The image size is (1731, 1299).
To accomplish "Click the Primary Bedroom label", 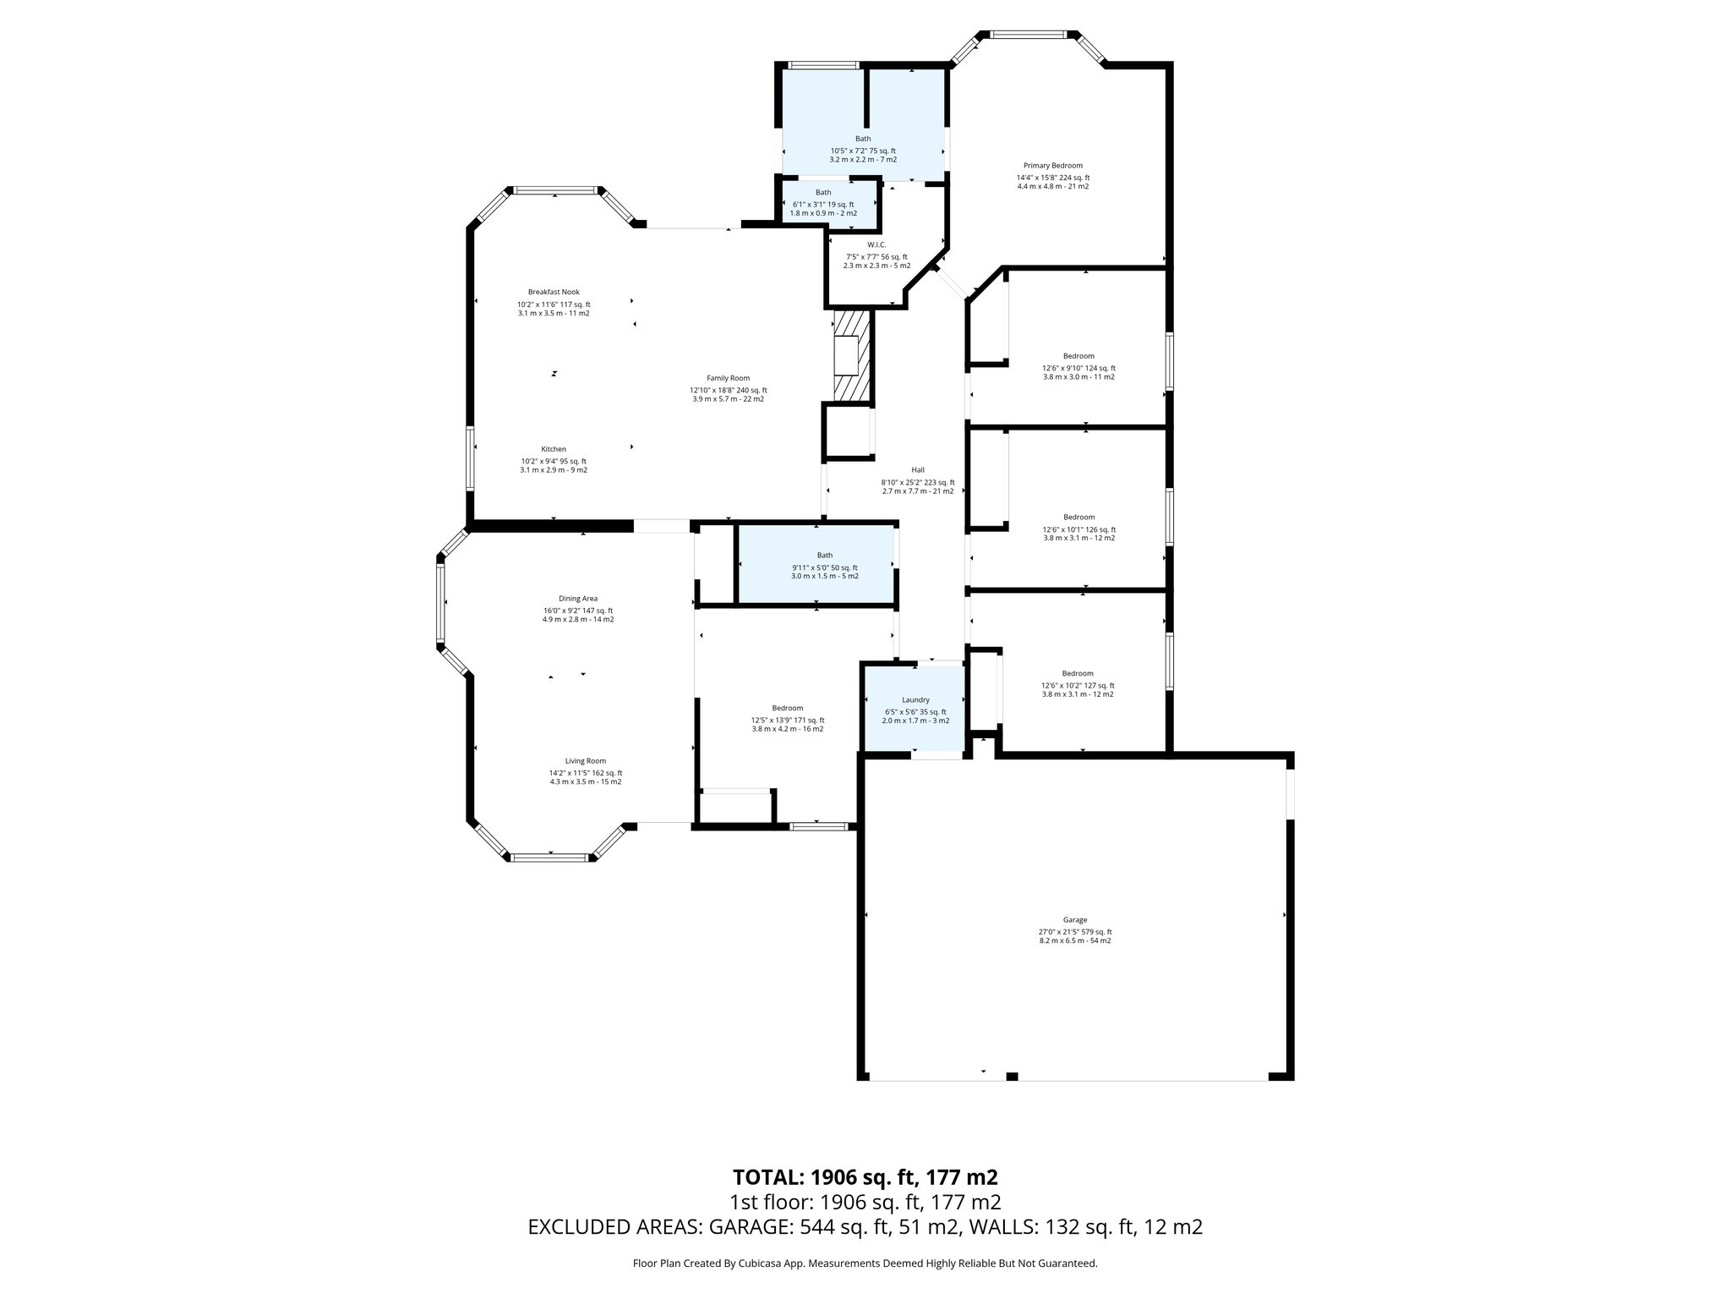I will pyautogui.click(x=1052, y=166).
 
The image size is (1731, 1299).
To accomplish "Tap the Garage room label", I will pyautogui.click(x=1074, y=920).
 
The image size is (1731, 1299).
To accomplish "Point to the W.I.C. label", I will pyautogui.click(x=876, y=245).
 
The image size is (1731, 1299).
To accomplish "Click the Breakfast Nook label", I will pyautogui.click(x=554, y=292).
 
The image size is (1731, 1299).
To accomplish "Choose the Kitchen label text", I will pyautogui.click(x=554, y=449).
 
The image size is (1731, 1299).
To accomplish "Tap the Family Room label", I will pyautogui.click(x=728, y=378).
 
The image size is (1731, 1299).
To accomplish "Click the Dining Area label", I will pyautogui.click(x=577, y=599).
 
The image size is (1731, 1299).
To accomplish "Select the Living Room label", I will pyautogui.click(x=585, y=761).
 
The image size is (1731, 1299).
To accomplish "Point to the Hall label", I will pyautogui.click(x=918, y=470).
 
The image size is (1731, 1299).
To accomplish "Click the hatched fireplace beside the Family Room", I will pyautogui.click(x=850, y=355).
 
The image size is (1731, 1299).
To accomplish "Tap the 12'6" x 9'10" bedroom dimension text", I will pyautogui.click(x=1078, y=368).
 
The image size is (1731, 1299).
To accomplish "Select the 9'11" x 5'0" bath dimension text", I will pyautogui.click(x=824, y=567).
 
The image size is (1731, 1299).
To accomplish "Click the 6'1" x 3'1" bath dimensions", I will pyautogui.click(x=822, y=204).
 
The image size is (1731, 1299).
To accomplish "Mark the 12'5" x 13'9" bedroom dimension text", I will pyautogui.click(x=787, y=720).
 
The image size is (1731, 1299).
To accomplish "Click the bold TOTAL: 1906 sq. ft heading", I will pyautogui.click(x=865, y=1177).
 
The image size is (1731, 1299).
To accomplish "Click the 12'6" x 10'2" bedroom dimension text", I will pyautogui.click(x=1078, y=686).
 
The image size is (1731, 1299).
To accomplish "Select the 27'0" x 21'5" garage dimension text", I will pyautogui.click(x=1074, y=932).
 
